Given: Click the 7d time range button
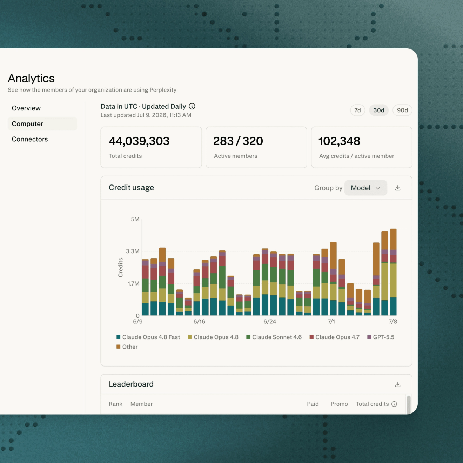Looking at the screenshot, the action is pos(357,110).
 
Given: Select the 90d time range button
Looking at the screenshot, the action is pos(402,110).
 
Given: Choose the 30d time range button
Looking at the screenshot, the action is pos(379,110).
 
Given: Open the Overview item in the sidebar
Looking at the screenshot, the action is pos(26,108).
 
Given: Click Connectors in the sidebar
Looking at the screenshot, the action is pos(30,139).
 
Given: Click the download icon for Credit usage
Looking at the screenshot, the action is pos(398,188).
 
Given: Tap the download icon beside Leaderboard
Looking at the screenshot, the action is pos(398,384).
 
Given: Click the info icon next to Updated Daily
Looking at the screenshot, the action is pos(192,106).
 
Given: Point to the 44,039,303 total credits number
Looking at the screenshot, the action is pos(139,141).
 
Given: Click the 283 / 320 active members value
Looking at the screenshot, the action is pos(238,141).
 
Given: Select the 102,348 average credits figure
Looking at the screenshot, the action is pos(339,141).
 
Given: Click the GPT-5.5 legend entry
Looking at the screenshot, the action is pos(381,337).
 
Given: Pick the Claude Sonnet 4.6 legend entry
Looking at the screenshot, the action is pos(274,337).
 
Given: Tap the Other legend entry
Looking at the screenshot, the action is pos(127,347).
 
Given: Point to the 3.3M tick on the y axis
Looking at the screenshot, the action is pos(133,251).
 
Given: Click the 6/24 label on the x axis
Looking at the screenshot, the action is pos(270,322).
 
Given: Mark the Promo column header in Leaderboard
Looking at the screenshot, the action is pos(339,404).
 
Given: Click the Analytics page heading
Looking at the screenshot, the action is pos(31,78).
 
